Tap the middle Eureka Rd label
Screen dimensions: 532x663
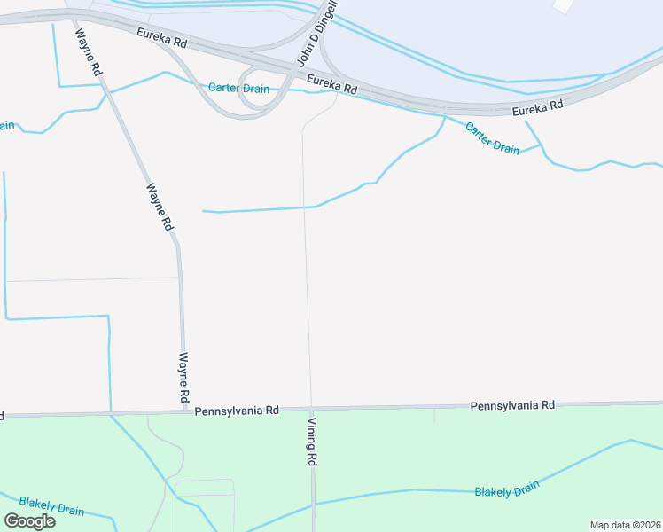point(331,84)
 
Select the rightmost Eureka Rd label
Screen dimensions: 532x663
point(538,106)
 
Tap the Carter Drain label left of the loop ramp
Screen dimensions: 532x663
point(238,88)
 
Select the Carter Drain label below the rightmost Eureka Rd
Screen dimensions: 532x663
point(492,137)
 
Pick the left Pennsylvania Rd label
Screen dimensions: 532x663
point(237,411)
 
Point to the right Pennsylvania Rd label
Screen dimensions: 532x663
point(511,405)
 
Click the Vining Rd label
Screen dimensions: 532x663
point(313,440)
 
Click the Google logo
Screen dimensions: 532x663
point(30,520)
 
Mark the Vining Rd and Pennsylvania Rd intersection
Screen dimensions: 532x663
point(311,409)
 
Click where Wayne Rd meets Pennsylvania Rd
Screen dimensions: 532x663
point(184,411)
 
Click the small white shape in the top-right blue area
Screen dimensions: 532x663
point(563,4)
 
